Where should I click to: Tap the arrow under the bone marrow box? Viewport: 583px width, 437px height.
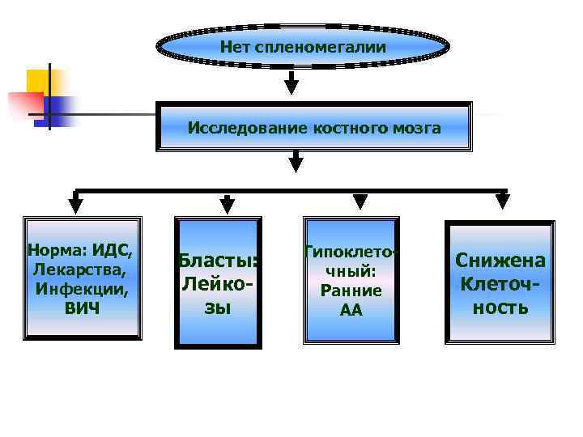[296, 161]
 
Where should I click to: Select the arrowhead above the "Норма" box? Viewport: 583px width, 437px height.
[76, 202]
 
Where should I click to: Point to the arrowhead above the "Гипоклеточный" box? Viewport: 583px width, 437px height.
[360, 201]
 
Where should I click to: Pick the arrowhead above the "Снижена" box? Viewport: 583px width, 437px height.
[501, 202]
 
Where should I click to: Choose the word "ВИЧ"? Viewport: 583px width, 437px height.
[82, 308]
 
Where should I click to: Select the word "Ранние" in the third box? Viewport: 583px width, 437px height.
[351, 291]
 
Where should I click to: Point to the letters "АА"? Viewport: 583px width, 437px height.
[351, 310]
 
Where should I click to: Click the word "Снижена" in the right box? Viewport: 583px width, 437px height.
[500, 261]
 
